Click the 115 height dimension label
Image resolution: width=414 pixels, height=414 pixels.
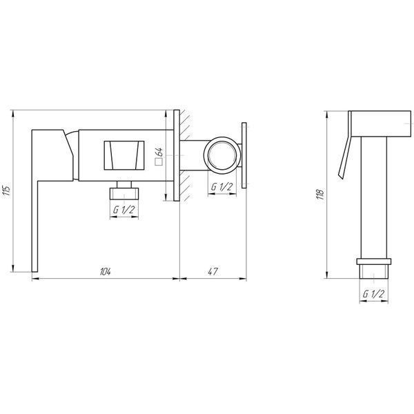pyautogui.click(x=7, y=190)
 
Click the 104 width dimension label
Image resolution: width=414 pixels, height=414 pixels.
pyautogui.click(x=106, y=271)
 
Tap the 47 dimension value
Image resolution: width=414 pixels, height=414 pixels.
pyautogui.click(x=213, y=271)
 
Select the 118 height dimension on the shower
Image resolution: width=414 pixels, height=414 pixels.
pyautogui.click(x=321, y=194)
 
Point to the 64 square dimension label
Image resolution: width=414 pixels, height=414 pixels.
pyautogui.click(x=159, y=153)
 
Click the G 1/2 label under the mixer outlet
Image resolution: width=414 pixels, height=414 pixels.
pyautogui.click(x=124, y=210)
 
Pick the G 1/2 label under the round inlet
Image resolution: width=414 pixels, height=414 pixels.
pyautogui.click(x=221, y=187)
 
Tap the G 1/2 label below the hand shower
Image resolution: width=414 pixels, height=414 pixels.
pyautogui.click(x=373, y=294)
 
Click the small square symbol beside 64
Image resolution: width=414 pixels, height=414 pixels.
pyautogui.click(x=159, y=161)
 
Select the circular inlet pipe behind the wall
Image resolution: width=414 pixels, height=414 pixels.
pyautogui.click(x=222, y=155)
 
